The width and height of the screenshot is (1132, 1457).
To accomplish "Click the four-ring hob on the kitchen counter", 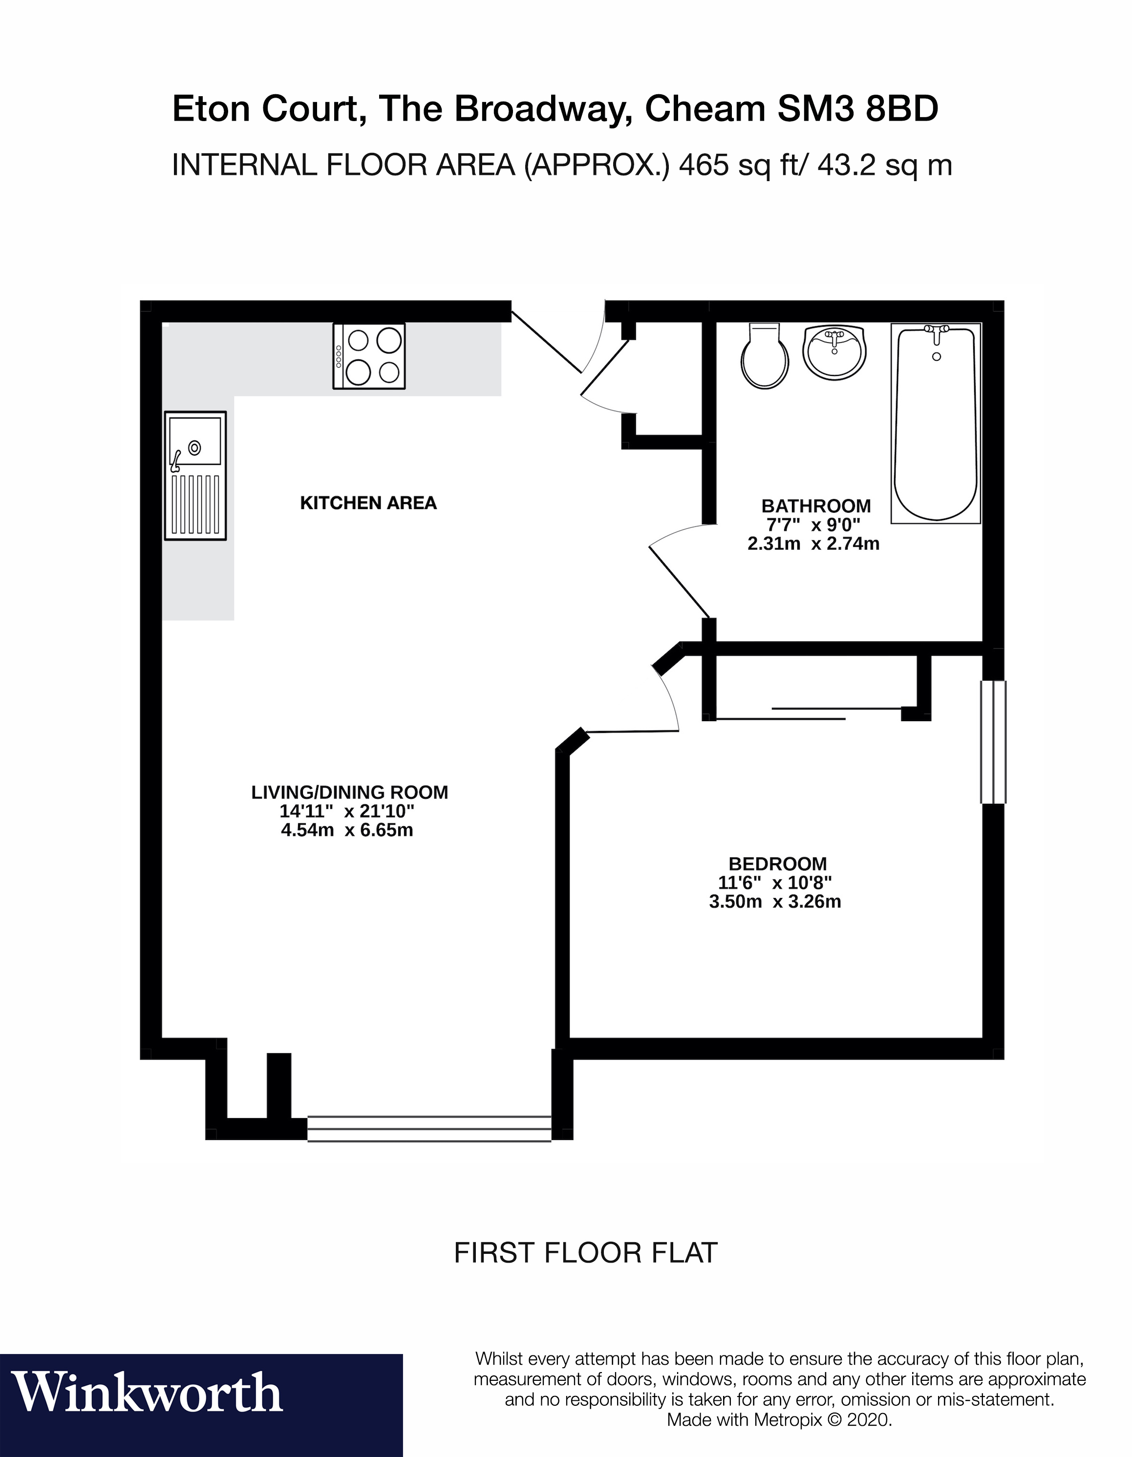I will (369, 356).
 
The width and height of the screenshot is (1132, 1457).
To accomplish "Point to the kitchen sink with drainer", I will (195, 475).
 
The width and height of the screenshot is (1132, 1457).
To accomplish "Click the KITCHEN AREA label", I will (368, 503).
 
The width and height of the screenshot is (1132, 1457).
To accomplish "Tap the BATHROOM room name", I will (815, 506).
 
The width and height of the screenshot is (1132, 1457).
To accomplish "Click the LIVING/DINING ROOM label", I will (349, 792).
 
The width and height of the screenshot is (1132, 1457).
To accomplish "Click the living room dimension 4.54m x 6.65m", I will (346, 831).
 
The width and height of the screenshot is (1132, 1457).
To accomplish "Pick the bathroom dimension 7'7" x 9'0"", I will (813, 525).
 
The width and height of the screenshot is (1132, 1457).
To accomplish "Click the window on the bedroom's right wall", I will (992, 742).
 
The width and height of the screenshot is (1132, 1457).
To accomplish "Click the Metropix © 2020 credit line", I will (779, 1419).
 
